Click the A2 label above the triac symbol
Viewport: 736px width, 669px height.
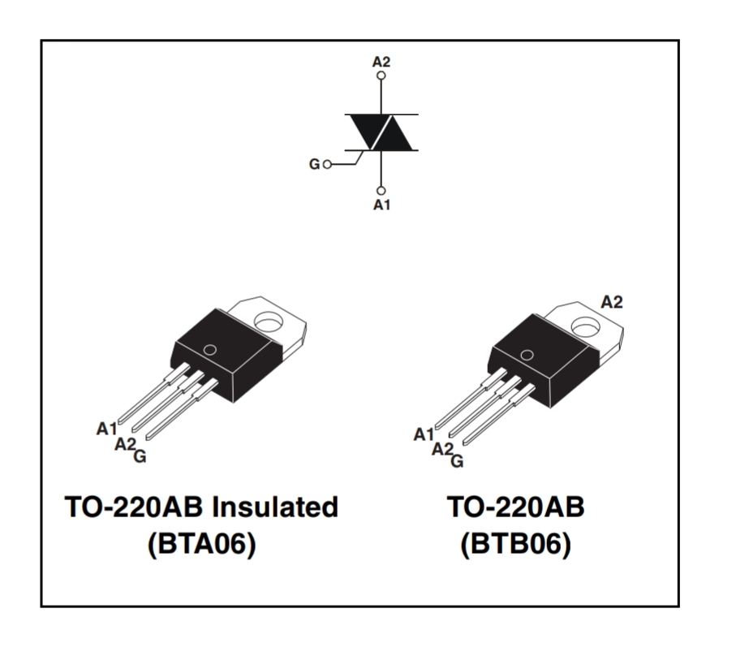(x=381, y=62)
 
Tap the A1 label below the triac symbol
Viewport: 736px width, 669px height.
(x=381, y=205)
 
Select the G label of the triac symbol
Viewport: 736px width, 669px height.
(x=314, y=164)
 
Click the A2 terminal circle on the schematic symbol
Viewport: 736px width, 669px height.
(x=381, y=76)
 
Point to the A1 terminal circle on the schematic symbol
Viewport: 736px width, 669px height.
(x=381, y=191)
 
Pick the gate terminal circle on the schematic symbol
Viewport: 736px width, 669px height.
(x=327, y=164)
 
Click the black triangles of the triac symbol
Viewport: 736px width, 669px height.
(x=381, y=132)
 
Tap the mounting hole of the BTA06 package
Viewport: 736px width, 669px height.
(x=269, y=322)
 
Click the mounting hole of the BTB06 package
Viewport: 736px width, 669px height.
(x=586, y=326)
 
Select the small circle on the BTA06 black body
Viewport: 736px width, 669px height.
(x=210, y=350)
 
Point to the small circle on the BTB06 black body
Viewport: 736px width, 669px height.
(x=527, y=355)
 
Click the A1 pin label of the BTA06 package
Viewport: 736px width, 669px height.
(x=106, y=429)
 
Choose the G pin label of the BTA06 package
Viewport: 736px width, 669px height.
(x=140, y=455)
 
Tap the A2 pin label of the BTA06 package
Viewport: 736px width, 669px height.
(x=125, y=443)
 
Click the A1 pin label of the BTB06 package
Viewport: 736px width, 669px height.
(x=424, y=434)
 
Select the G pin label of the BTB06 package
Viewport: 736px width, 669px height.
(x=457, y=461)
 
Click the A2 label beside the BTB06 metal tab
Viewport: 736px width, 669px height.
(x=612, y=302)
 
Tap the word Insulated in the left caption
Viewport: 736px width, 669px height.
(x=274, y=507)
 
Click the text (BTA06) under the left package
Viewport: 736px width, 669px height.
(x=202, y=545)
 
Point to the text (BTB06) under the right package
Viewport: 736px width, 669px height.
(x=515, y=545)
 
